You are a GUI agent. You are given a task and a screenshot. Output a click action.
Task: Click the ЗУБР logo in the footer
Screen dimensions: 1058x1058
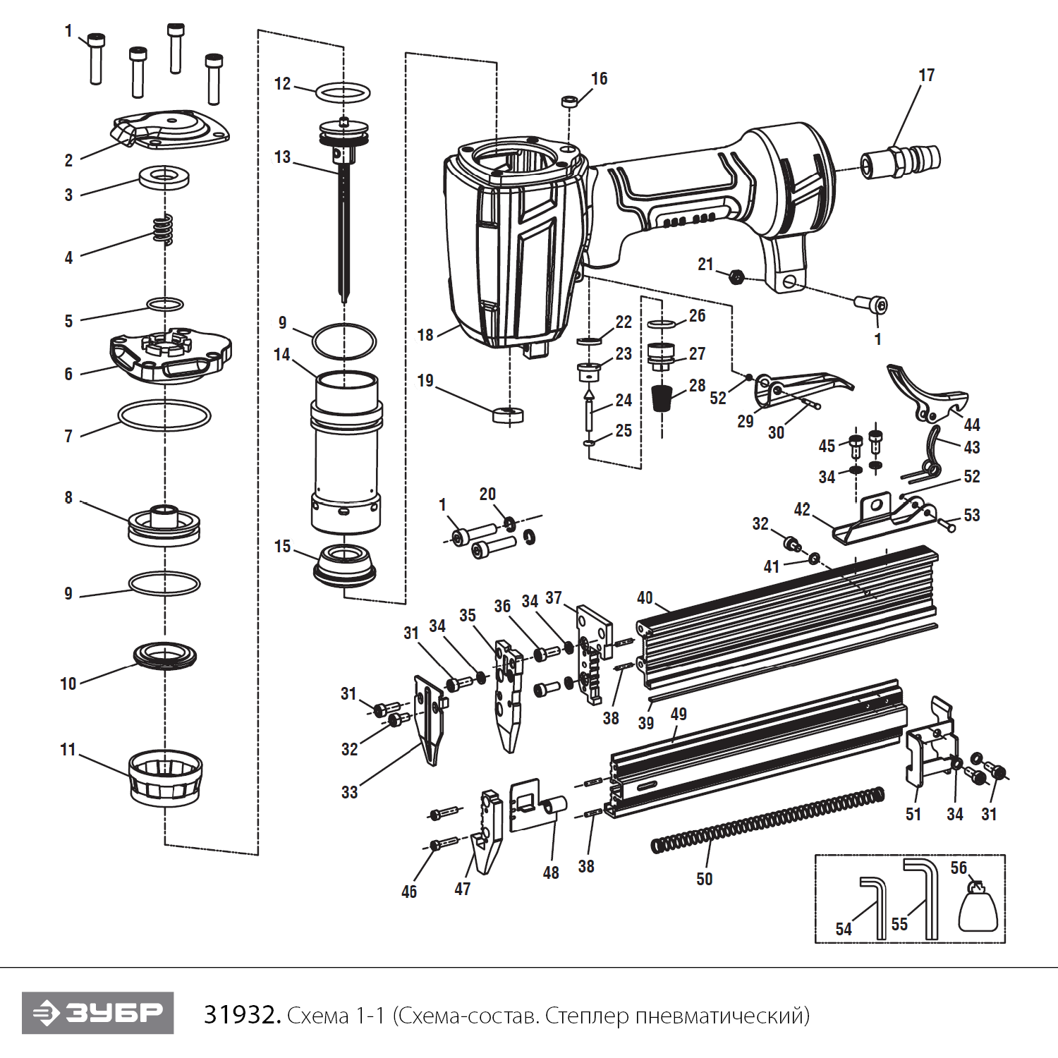(97, 1013)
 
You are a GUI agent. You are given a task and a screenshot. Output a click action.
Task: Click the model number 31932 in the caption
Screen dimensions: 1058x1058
(242, 1015)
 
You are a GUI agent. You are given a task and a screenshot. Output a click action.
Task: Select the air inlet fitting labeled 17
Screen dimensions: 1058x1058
(901, 161)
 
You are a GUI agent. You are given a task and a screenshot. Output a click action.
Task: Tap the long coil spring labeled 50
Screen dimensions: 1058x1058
(769, 821)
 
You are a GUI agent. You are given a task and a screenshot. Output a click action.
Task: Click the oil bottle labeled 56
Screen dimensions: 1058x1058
(978, 909)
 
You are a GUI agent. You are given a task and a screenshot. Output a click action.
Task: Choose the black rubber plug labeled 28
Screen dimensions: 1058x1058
(661, 399)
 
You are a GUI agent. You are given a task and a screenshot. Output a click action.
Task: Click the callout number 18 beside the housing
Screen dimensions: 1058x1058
(425, 335)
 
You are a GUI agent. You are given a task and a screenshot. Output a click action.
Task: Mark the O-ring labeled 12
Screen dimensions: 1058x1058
(343, 92)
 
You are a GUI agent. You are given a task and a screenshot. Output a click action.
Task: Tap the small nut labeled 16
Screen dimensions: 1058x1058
(570, 102)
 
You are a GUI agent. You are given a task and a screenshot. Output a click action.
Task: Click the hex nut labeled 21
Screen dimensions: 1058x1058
(735, 276)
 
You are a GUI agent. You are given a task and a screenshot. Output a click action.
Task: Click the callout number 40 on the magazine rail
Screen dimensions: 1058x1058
(645, 598)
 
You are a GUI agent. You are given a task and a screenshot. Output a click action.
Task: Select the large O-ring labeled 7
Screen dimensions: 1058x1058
(164, 415)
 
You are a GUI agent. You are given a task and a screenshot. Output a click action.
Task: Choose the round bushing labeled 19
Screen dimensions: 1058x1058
(508, 415)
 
